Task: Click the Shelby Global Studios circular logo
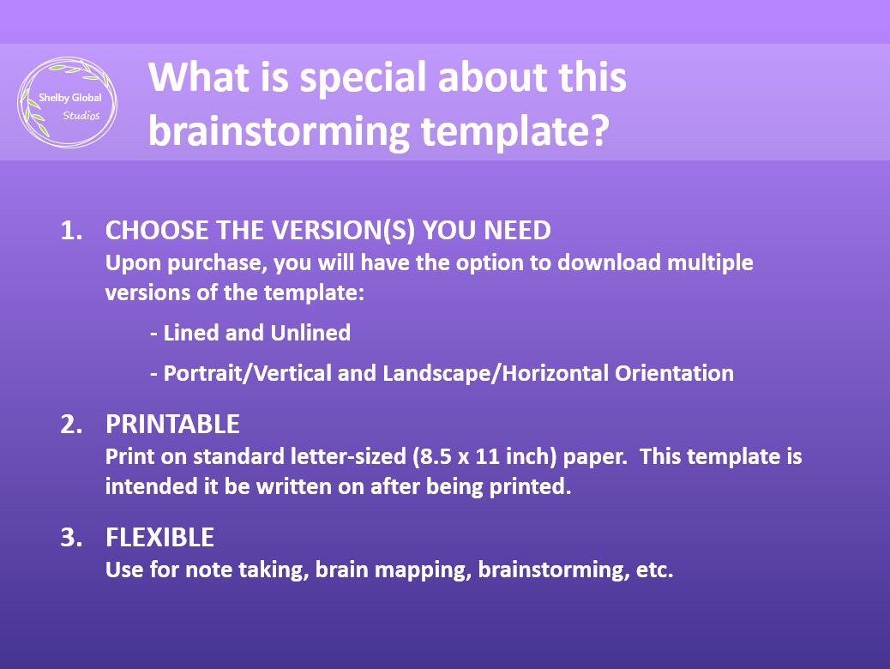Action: click(68, 103)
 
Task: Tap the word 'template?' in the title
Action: click(524, 130)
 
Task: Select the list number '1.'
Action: click(71, 231)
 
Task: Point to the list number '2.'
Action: click(71, 425)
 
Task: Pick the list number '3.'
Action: click(71, 538)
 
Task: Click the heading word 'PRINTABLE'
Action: click(172, 425)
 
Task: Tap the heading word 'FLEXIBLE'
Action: click(159, 538)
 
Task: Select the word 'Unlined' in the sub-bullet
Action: click(310, 333)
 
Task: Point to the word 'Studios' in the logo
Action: click(81, 116)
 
